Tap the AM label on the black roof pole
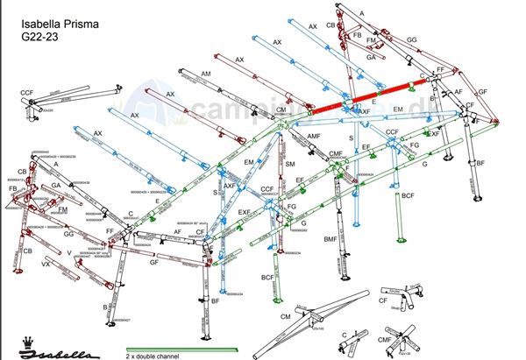pyautogui.click(x=206, y=73)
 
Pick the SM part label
pyautogui.click(x=290, y=165)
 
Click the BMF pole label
pyautogui.click(x=330, y=238)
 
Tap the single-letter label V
pyautogui.click(x=68, y=252)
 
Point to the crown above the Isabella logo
pyautogui.click(x=25, y=340)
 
